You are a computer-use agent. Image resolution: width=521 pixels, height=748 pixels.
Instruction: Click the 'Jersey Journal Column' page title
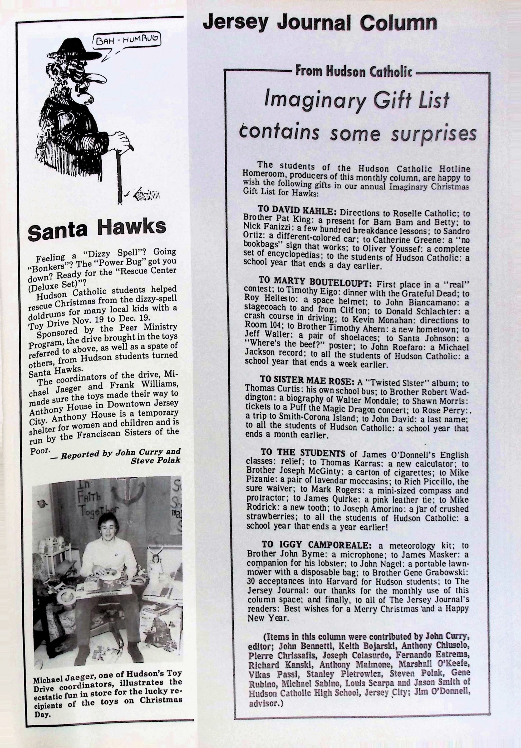(320, 23)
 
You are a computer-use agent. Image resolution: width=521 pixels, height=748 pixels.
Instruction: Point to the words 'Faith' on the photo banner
(81, 497)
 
